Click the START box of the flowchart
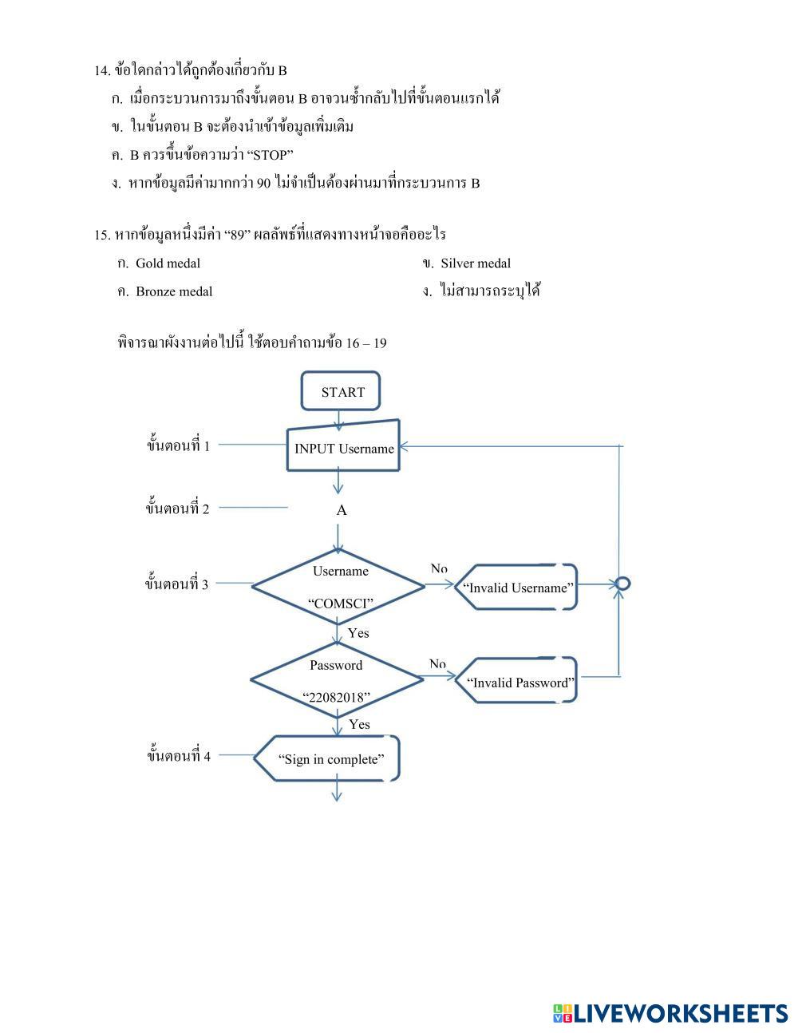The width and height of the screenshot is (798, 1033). pyautogui.click(x=341, y=392)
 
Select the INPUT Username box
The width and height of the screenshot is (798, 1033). pyautogui.click(x=343, y=448)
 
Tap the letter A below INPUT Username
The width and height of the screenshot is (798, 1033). pyautogui.click(x=342, y=510)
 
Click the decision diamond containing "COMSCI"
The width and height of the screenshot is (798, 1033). pyautogui.click(x=339, y=587)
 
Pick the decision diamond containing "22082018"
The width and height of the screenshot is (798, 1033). pyautogui.click(x=337, y=681)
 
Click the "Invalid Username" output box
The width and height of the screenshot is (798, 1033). pyautogui.click(x=518, y=588)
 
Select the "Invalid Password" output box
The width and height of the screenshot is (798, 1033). pyautogui.click(x=519, y=683)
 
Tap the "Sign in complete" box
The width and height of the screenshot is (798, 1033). pyautogui.click(x=330, y=759)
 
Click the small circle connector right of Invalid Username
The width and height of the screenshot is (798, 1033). pyautogui.click(x=624, y=584)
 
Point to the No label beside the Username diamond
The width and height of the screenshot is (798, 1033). pyautogui.click(x=439, y=568)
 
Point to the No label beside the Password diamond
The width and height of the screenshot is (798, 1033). pyautogui.click(x=437, y=663)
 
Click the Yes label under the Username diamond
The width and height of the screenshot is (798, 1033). pyautogui.click(x=358, y=633)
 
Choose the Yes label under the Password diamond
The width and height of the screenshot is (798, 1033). pyautogui.click(x=359, y=724)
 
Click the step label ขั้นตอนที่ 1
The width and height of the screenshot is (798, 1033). pyautogui.click(x=178, y=445)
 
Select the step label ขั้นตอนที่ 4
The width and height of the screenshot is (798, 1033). pyautogui.click(x=179, y=755)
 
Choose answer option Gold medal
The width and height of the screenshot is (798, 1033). pyautogui.click(x=168, y=263)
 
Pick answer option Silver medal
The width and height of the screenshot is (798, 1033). pyautogui.click(x=475, y=263)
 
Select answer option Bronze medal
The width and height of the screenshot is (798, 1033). pyautogui.click(x=173, y=291)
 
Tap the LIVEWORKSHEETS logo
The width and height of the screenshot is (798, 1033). pyautogui.click(x=670, y=1013)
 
